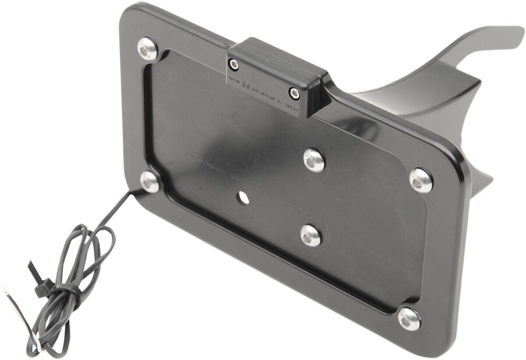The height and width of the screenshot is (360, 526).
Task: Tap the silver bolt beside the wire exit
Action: click(149, 180)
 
